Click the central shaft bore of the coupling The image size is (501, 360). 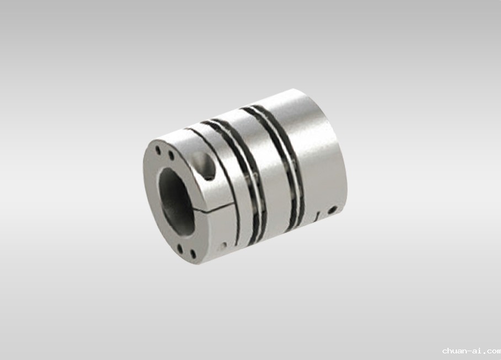(177, 199)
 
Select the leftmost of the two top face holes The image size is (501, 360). (158, 150)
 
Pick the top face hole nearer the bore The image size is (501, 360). (171, 156)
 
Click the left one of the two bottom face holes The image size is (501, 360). (180, 248)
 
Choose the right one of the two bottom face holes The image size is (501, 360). (193, 254)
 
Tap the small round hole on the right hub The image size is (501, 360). (333, 210)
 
